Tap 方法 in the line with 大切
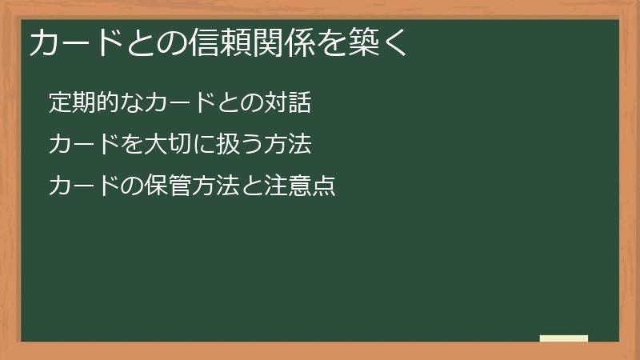click(x=287, y=145)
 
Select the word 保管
click(x=167, y=186)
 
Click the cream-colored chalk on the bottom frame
click(x=564, y=338)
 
